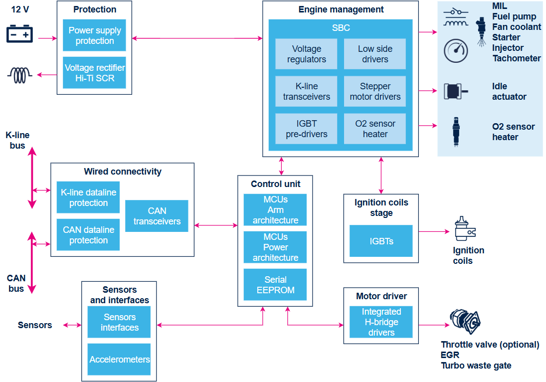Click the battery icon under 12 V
tap(19, 34)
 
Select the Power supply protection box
tap(94, 35)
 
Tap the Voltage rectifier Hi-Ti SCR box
tap(94, 72)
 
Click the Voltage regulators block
tap(306, 54)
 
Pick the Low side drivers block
tap(374, 54)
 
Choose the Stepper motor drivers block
tap(374, 91)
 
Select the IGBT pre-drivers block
tap(306, 129)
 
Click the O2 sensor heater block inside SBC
tap(374, 129)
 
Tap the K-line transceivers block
tap(306, 91)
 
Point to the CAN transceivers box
tap(157, 216)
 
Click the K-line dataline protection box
tap(88, 197)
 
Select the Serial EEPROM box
tap(275, 284)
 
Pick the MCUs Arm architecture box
tap(275, 209)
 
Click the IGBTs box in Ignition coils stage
tap(381, 241)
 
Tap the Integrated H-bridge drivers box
tap(381, 322)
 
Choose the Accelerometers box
tap(119, 360)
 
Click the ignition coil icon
tap(465, 228)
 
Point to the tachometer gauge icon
tap(455, 51)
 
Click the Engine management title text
tap(341, 9)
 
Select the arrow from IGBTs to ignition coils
tap(434, 231)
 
